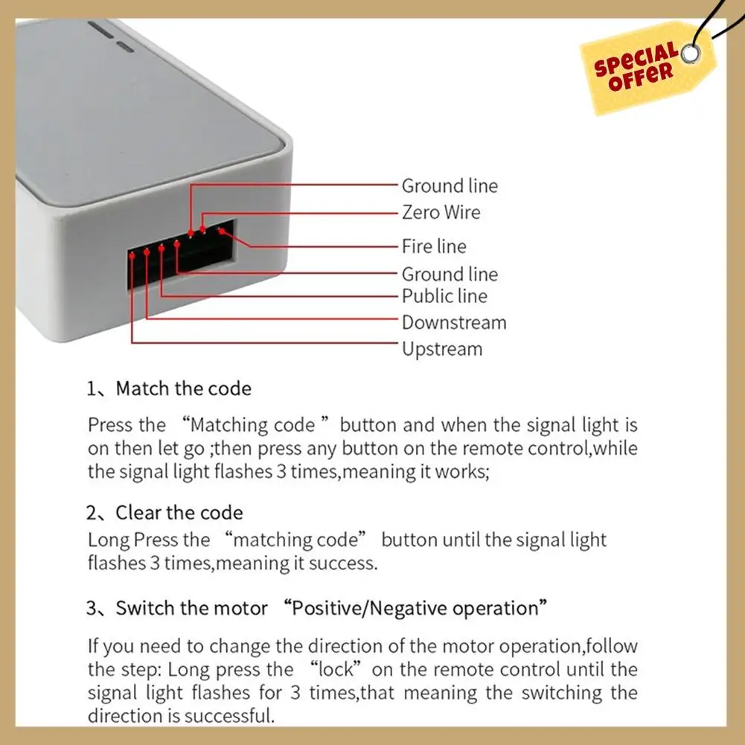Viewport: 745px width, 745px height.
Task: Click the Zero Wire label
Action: [441, 212]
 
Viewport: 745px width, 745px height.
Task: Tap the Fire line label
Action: [434, 246]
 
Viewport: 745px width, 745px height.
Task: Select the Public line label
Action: [444, 296]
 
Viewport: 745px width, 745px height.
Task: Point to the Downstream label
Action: [454, 323]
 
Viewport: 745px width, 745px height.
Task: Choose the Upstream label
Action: [442, 349]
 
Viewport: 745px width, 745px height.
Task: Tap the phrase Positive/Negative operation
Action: [415, 608]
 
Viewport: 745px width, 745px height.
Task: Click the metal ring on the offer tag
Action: [691, 54]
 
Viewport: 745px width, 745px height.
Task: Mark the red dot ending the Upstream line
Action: [132, 253]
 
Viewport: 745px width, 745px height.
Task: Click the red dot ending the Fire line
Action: [220, 231]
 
